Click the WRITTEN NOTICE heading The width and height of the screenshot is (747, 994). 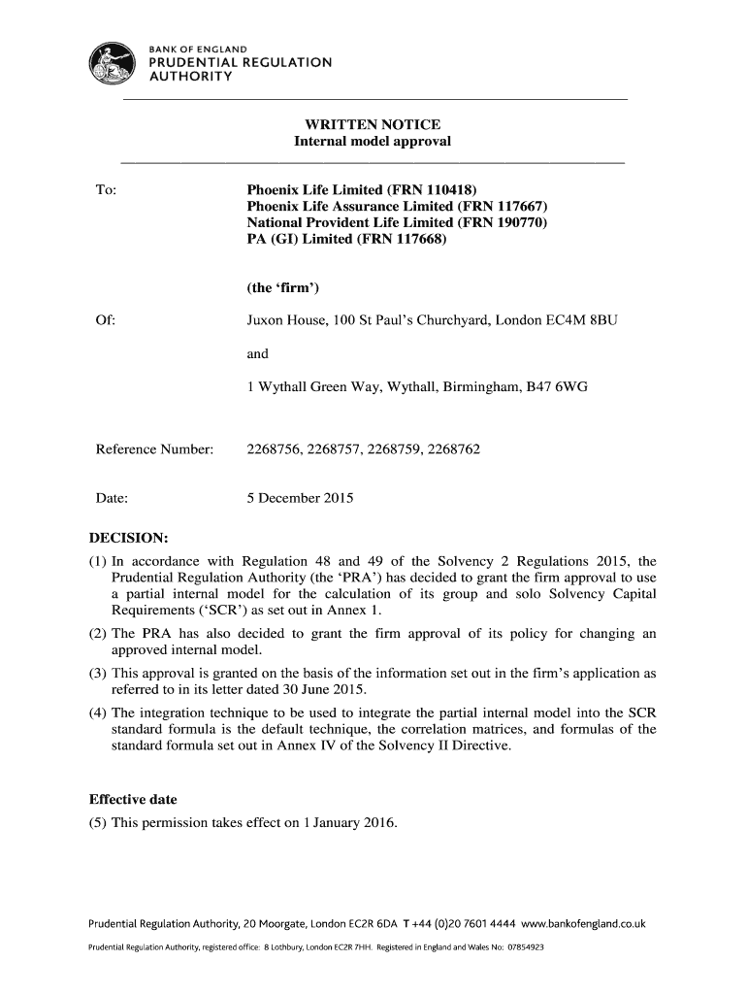pos(373,124)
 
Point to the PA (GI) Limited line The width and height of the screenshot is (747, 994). pos(346,240)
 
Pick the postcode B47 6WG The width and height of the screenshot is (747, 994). pos(557,387)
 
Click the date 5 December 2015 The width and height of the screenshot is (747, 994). pos(300,499)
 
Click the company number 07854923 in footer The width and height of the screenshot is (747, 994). pos(524,946)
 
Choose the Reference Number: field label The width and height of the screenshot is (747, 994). pos(154,449)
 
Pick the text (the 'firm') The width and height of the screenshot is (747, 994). pos(286,288)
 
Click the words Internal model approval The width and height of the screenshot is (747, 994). pos(373,142)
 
